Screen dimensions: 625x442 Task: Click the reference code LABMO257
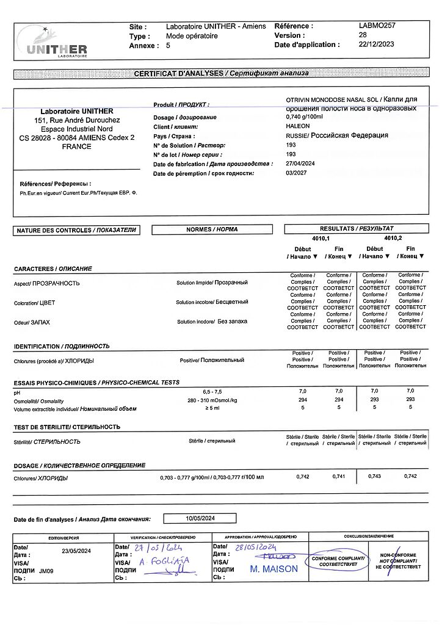(x=377, y=26)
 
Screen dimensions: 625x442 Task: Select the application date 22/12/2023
(x=377, y=45)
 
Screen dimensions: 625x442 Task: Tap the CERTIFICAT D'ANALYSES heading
(x=221, y=74)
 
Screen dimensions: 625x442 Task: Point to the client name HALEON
(x=298, y=126)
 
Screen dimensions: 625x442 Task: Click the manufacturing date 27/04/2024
(x=300, y=164)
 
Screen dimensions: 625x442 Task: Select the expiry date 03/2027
(x=296, y=173)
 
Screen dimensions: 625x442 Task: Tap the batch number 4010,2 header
(x=393, y=238)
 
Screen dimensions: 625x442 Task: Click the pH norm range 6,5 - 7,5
(x=212, y=391)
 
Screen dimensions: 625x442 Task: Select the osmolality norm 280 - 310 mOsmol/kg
(x=212, y=400)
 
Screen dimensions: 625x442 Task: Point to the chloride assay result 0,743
(x=374, y=476)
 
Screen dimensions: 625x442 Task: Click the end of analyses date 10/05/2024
(x=200, y=519)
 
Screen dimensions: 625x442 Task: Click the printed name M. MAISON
(x=274, y=569)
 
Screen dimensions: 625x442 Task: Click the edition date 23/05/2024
(x=76, y=551)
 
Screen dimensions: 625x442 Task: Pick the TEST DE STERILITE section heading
(x=67, y=427)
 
